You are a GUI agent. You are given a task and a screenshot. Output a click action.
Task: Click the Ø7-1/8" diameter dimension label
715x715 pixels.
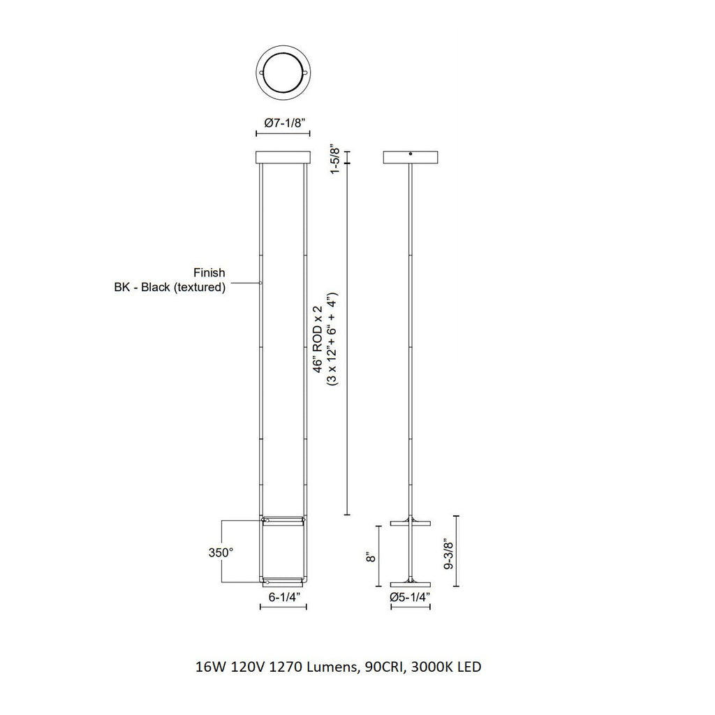coord(284,123)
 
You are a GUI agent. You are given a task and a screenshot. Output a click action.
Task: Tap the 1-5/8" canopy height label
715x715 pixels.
coord(335,160)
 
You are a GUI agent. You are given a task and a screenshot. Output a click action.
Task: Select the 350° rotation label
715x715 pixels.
coord(221,553)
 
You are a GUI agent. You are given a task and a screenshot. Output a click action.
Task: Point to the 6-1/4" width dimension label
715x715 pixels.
coord(283,598)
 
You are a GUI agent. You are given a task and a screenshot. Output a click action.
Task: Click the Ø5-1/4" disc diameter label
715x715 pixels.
coord(411,598)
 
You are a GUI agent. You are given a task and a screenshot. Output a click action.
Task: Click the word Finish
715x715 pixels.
coord(209,273)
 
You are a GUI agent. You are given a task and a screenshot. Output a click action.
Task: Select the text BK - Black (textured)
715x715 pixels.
coord(170,287)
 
